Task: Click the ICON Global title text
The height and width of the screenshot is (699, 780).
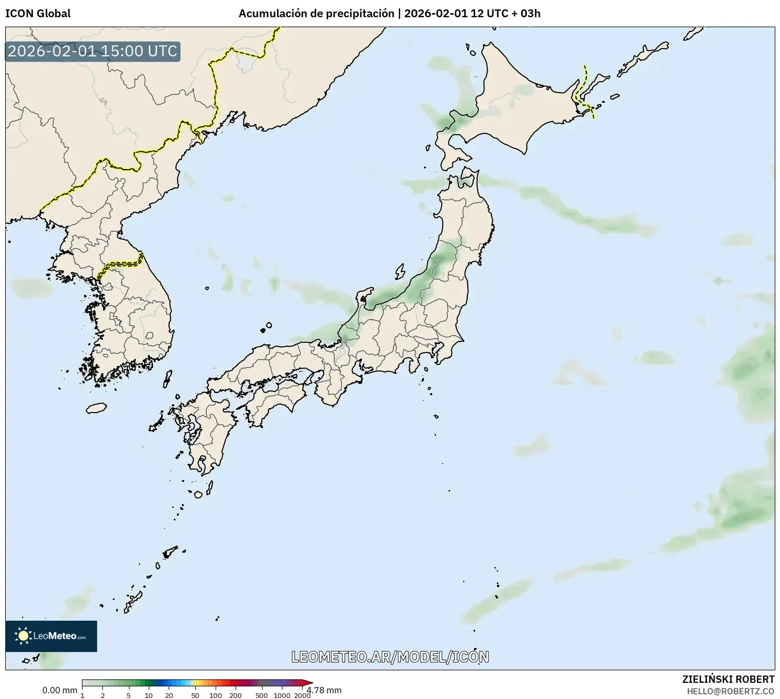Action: point(38,14)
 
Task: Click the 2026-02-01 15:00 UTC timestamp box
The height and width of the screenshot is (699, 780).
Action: point(92,51)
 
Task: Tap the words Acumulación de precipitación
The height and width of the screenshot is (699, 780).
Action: point(316,14)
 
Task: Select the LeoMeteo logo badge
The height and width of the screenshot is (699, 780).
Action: point(51,636)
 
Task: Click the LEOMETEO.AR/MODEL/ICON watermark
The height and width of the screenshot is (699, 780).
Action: point(390,657)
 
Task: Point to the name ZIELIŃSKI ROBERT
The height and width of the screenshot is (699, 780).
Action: point(728,679)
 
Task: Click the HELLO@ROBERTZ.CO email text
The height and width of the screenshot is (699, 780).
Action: point(730,691)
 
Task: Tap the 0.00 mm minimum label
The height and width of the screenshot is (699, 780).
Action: point(60,690)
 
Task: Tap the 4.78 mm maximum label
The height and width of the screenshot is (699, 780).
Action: point(325,690)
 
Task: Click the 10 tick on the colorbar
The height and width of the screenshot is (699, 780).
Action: point(149,695)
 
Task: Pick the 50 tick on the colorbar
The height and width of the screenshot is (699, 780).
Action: point(195,695)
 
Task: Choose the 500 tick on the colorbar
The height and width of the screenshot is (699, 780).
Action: point(262,695)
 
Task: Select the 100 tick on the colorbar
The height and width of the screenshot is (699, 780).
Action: point(216,695)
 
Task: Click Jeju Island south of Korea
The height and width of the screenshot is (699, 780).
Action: point(96,408)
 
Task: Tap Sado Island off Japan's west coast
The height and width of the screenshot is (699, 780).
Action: point(400,271)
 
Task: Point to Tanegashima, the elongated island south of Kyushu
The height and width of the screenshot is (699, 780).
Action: point(209,488)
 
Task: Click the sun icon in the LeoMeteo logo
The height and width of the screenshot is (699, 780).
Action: point(23,636)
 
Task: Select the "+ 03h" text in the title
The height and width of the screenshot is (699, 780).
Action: point(525,14)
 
